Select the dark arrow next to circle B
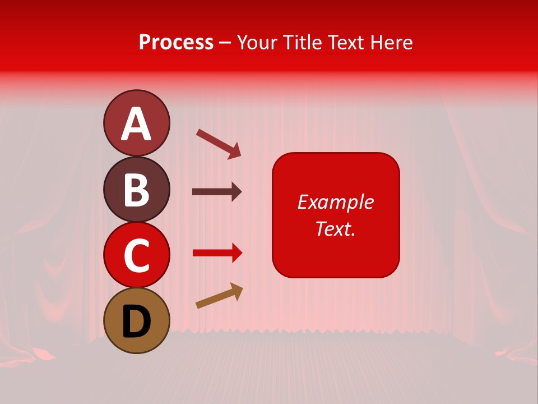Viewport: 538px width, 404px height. point(217,192)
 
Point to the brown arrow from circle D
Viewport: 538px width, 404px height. point(219,296)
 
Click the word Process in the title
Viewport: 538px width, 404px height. point(176,43)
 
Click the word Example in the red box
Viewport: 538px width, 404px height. point(335,202)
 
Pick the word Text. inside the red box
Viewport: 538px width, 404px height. point(335,228)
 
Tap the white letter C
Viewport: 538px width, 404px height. point(136,255)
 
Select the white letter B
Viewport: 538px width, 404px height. point(136,190)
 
